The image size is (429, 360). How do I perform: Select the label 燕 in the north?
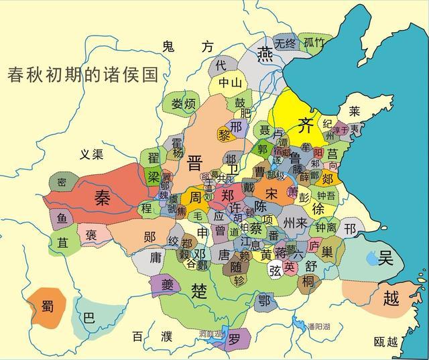[x=266, y=52]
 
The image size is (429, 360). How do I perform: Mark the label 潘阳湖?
[x=320, y=327]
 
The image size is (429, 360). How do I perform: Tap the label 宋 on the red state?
[x=270, y=193]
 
